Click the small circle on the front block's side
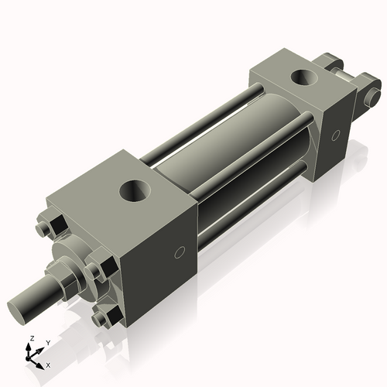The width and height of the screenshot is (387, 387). (180, 252)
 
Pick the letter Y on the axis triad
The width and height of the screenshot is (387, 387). (47, 341)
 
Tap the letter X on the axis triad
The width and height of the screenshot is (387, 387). (49, 364)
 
